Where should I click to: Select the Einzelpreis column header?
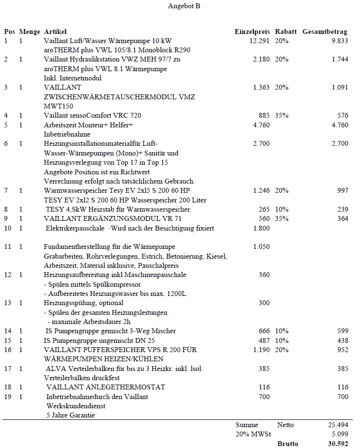252,31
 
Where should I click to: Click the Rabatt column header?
286,31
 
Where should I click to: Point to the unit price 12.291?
259,41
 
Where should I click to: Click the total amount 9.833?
340,41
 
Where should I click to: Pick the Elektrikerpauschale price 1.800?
261,228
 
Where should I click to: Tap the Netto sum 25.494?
338,425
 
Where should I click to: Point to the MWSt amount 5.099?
339,434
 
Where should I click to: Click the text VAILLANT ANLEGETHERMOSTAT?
105,387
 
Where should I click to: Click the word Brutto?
287,444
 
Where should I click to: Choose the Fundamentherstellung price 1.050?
261,247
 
